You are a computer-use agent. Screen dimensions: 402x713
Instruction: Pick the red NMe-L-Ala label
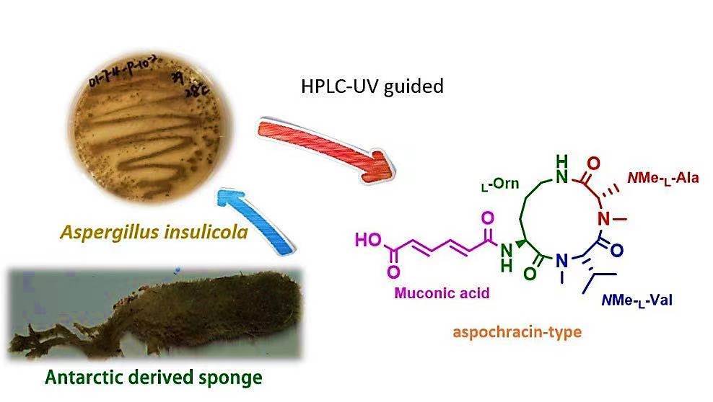point(655,175)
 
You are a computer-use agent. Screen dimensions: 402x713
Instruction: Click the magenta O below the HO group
point(393,273)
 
